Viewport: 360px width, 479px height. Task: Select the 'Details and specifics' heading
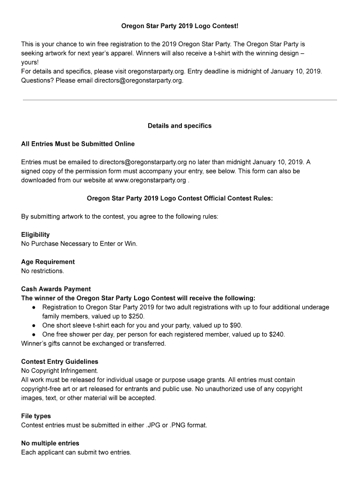180,126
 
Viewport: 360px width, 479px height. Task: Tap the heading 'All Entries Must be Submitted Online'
78,144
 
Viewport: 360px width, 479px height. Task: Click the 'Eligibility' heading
36,234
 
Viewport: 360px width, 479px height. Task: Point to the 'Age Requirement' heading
48,261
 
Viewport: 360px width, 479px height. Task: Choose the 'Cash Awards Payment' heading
56,289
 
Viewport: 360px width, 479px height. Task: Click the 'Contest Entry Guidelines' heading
59,362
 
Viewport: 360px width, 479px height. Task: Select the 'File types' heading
36,416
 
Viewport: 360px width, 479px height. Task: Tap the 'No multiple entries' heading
50,443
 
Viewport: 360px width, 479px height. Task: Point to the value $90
235,325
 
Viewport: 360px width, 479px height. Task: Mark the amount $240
276,334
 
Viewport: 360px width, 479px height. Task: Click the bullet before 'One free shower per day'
34,334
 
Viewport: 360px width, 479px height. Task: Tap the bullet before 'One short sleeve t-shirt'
34,325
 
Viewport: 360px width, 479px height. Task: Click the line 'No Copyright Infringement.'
60,371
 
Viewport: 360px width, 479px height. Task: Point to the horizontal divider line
180,100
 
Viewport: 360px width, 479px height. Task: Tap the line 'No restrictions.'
43,271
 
